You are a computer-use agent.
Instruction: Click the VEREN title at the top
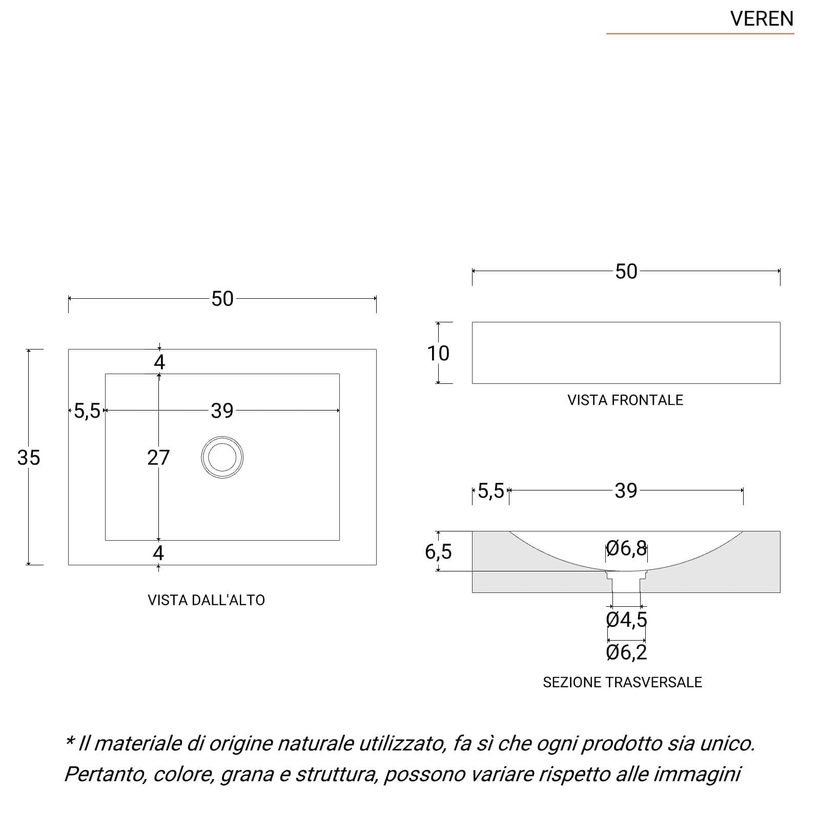[x=762, y=19]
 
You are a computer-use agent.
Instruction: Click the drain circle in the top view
[x=222, y=437]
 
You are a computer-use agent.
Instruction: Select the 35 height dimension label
[x=28, y=458]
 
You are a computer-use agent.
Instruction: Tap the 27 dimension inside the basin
[x=158, y=458]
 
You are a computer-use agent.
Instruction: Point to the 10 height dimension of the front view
[x=438, y=353]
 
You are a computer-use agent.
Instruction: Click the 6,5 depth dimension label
[x=438, y=552]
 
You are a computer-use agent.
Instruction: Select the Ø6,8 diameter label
[x=626, y=548]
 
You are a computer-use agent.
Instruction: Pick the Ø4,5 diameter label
[x=626, y=620]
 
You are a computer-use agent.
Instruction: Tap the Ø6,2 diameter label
[x=626, y=652]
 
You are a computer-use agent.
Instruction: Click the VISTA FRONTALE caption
[x=625, y=400]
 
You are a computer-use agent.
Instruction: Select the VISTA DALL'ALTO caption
[x=206, y=600]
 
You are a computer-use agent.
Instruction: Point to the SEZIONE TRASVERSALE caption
[x=622, y=682]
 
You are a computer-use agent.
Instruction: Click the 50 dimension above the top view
[x=222, y=299]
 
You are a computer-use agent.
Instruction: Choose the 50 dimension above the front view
[x=626, y=272]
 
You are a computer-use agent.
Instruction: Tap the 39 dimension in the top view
[x=222, y=411]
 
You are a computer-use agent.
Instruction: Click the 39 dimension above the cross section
[x=626, y=491]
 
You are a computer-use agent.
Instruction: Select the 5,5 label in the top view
[x=87, y=411]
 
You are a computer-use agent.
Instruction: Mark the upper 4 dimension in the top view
[x=159, y=362]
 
